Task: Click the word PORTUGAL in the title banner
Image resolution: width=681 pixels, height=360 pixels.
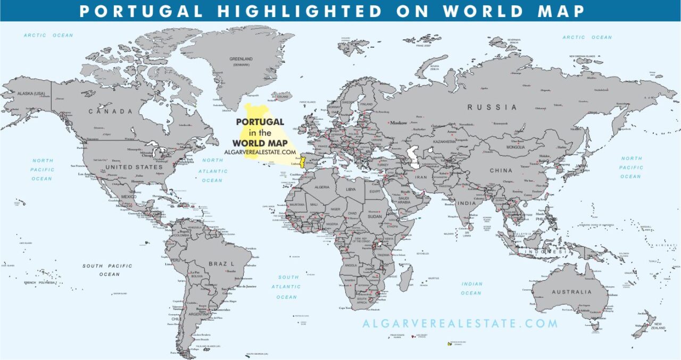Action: (141, 11)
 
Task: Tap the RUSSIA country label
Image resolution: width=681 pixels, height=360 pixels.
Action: (492, 107)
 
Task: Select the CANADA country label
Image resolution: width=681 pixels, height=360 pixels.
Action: (110, 112)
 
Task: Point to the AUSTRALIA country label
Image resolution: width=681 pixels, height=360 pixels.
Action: (571, 292)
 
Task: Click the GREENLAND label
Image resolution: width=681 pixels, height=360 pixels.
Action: (241, 58)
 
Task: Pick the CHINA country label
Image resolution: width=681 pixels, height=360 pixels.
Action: (501, 171)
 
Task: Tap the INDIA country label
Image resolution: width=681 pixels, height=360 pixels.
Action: (467, 203)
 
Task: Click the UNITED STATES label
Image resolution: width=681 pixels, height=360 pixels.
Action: (134, 167)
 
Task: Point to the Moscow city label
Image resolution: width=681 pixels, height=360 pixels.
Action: (398, 123)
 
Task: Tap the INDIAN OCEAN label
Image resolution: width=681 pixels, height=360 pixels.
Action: (471, 288)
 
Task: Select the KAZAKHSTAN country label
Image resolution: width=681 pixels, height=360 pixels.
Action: (444, 142)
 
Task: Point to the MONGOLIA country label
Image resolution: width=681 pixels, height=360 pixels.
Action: (516, 147)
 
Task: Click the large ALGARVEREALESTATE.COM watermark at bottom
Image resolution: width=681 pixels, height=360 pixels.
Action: (460, 323)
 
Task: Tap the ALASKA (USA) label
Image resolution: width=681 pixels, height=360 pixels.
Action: (31, 94)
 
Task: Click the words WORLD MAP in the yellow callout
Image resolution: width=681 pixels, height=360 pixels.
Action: (260, 143)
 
